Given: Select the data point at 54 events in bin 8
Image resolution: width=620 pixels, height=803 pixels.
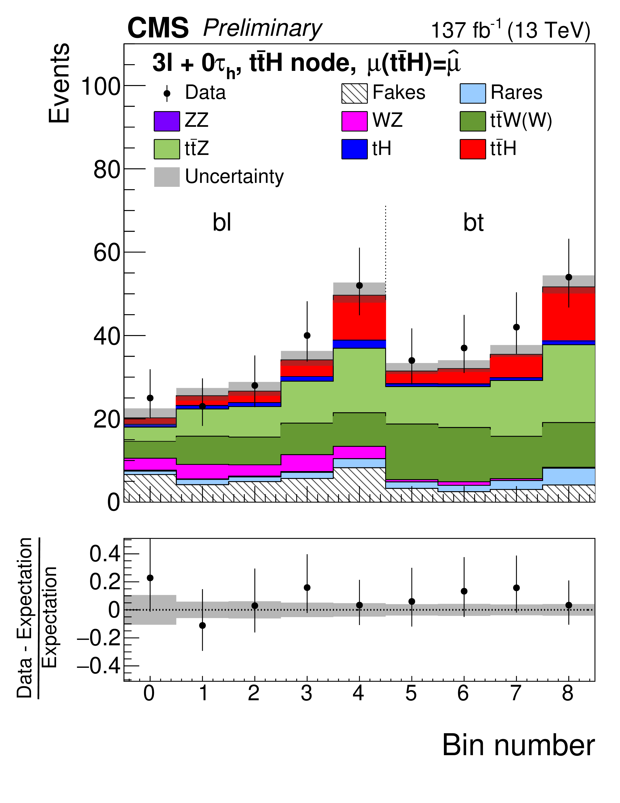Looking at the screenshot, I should [569, 277].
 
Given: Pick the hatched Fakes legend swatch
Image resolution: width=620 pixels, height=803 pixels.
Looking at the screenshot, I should [354, 93].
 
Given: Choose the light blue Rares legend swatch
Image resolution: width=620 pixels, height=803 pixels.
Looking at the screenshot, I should [473, 93].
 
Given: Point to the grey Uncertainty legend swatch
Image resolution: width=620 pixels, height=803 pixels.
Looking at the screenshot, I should [167, 177].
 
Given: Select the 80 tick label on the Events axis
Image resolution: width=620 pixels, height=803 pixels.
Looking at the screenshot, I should [107, 170].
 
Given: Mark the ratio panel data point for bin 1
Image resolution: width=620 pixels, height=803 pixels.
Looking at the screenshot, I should [202, 625].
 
